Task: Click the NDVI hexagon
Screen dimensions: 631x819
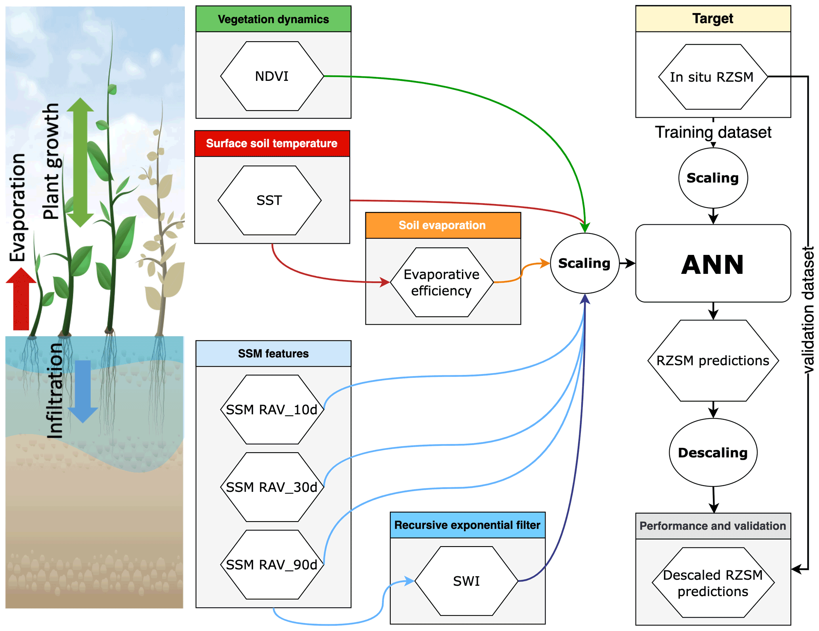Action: pos(272,76)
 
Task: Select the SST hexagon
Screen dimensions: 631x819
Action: pos(269,201)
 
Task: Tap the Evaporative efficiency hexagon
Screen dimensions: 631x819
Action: pos(442,282)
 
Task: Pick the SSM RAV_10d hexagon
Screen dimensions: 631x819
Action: pos(272,409)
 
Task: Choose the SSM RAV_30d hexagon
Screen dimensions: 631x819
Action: pos(272,487)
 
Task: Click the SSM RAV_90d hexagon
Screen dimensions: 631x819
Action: pos(272,564)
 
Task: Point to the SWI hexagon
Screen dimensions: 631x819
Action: pos(466,581)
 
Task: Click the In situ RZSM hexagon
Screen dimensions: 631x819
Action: pos(712,77)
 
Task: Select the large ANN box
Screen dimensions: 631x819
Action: pos(713,264)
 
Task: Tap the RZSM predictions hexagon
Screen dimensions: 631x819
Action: pos(713,361)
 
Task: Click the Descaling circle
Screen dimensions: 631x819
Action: pos(713,453)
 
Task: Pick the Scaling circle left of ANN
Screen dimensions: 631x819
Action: pos(584,263)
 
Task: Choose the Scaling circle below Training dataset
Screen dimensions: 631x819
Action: pos(713,178)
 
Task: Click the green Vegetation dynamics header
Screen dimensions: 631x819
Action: pos(273,19)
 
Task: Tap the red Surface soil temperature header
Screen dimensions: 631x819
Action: pos(272,143)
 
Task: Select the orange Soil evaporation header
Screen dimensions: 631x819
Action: pos(443,225)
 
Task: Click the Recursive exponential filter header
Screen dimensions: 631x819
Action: pos(468,525)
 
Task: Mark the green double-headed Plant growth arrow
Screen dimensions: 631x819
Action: pos(80,163)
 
